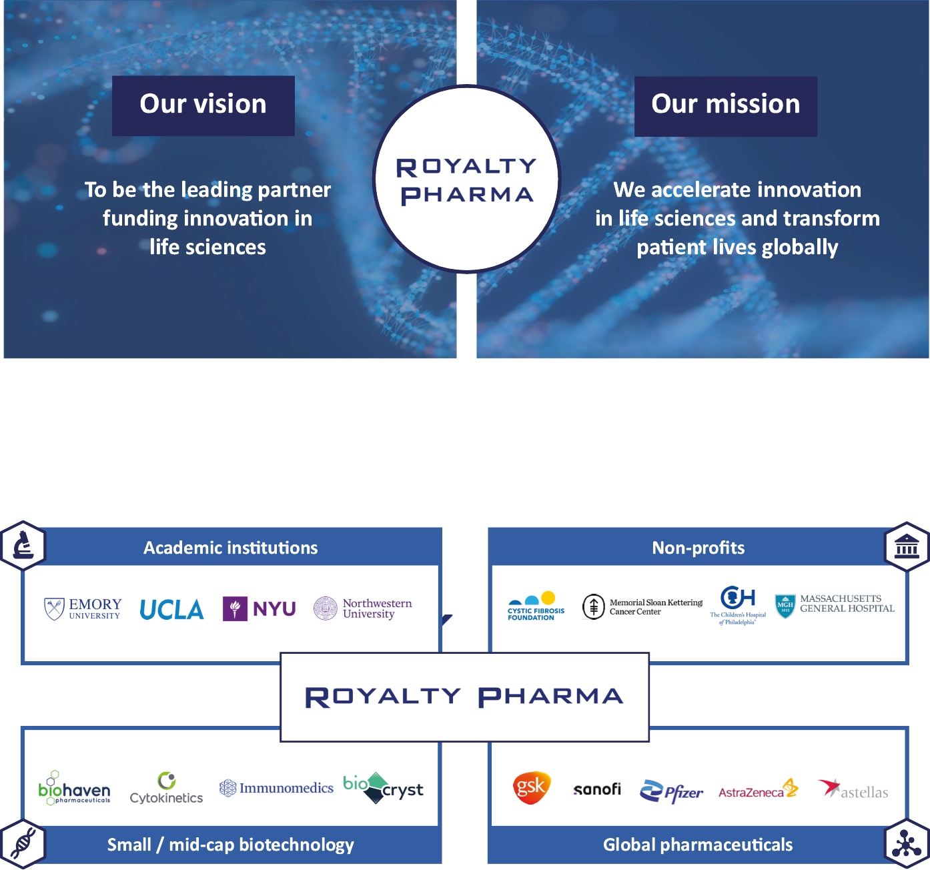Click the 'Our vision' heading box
point(203,105)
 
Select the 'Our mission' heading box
point(726,106)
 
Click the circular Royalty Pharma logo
point(466,179)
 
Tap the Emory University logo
point(83,608)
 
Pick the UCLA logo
point(171,609)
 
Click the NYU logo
point(260,608)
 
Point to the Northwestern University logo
point(363,608)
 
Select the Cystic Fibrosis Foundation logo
point(536,606)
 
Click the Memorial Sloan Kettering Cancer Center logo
point(642,606)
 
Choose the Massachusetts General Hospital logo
point(835,604)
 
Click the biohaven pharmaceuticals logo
point(74,789)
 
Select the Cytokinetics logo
point(166,789)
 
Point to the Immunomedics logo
point(276,788)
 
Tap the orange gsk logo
point(531,787)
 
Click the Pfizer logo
point(672,791)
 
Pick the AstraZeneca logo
point(759,790)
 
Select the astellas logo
point(853,790)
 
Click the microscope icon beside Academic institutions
point(23,546)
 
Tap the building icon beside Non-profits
point(907,546)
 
